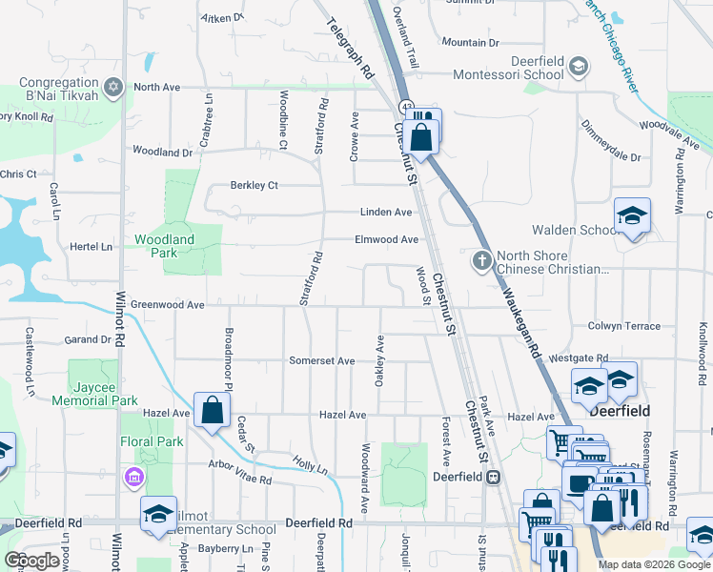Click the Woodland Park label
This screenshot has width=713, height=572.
pos(164,246)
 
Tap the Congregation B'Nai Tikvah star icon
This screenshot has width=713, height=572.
pos(113,88)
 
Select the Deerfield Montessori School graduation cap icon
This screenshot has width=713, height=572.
pos(578,67)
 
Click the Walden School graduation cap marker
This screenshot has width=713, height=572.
pos(631,219)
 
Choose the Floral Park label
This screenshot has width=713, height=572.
pos(152,441)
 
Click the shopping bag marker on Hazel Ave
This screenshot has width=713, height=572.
pos(211,412)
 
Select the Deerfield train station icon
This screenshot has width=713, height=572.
pos(493,477)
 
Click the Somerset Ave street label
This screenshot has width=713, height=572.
pos(322,361)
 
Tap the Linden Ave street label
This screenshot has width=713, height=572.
pos(385,212)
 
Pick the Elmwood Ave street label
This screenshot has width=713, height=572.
pos(386,240)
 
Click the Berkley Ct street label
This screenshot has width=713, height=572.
pos(254,185)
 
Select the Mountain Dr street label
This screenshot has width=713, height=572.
pos(470,43)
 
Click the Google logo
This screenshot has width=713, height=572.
pos(32,561)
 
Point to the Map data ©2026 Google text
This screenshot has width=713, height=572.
pos(653,564)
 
